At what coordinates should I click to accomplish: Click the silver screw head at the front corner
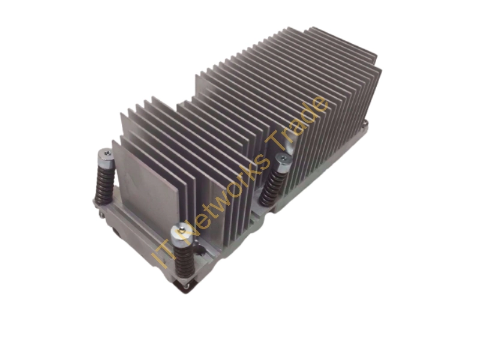(181, 232)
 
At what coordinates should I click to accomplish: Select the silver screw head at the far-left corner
(106, 156)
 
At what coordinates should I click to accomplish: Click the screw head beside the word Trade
(283, 161)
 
